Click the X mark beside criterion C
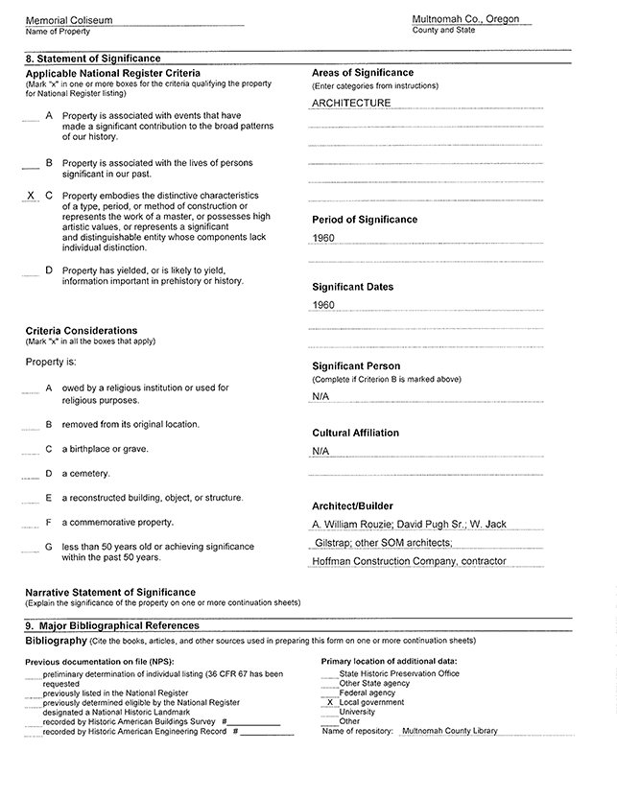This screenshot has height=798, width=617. tap(31, 195)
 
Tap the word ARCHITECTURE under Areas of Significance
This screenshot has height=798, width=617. tap(351, 103)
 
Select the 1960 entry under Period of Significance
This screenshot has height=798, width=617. tap(323, 237)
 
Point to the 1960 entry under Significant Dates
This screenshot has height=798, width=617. tap(323, 305)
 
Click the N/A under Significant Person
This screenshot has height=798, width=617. tap(320, 396)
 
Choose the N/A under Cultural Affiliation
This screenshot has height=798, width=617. tap(320, 451)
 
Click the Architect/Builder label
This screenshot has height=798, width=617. tap(352, 505)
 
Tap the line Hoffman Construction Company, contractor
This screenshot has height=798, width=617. tap(409, 561)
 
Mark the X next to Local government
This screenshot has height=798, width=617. tap(330, 702)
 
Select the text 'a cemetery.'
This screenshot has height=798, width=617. tap(86, 473)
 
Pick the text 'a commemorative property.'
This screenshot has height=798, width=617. tap(118, 523)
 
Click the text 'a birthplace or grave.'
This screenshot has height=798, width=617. tap(106, 449)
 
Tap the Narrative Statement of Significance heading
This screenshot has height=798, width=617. tap(110, 592)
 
